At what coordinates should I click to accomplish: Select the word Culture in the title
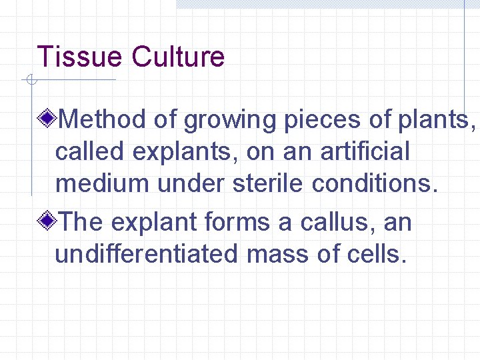point(178,57)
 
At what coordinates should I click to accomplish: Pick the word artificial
point(365,151)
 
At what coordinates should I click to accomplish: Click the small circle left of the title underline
point(30,80)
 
